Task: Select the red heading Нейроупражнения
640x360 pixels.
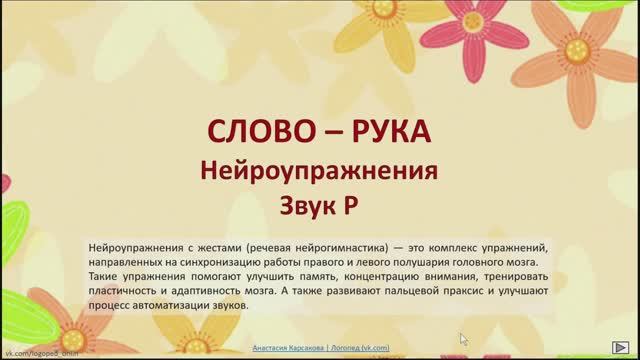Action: (x=320, y=170)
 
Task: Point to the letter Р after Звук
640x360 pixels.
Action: (x=350, y=205)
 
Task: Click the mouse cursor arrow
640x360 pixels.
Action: (x=463, y=339)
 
